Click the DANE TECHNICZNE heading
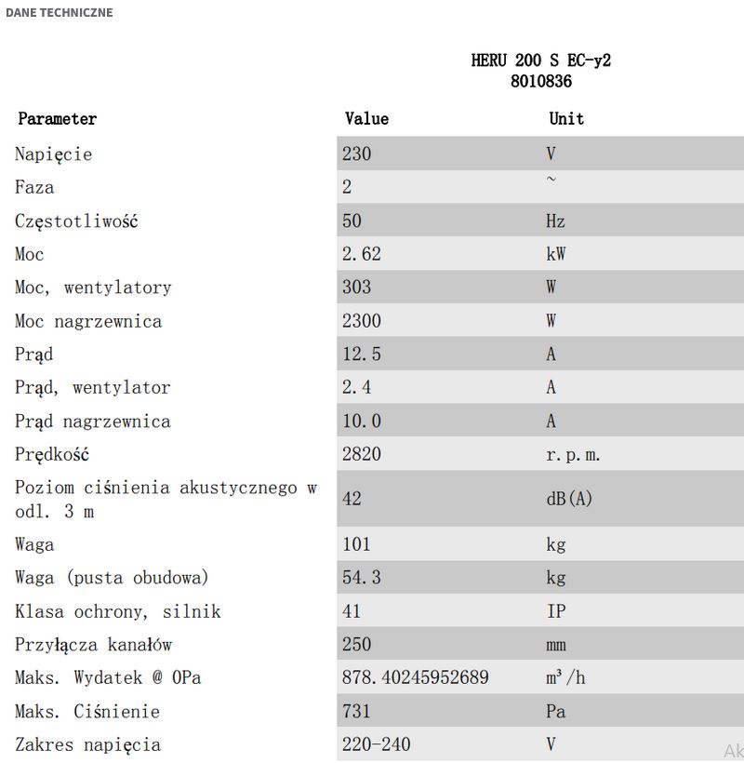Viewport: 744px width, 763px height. pyautogui.click(x=59, y=13)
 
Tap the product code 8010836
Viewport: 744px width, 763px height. pyautogui.click(x=540, y=82)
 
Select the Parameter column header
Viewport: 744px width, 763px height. pyautogui.click(x=57, y=119)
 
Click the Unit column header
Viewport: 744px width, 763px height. pyautogui.click(x=566, y=119)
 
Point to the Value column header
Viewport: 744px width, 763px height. pyautogui.click(x=366, y=119)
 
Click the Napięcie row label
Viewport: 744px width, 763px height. pyautogui.click(x=53, y=154)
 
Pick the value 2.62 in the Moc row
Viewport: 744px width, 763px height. pyautogui.click(x=362, y=254)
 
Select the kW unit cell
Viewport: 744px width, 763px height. pyautogui.click(x=555, y=254)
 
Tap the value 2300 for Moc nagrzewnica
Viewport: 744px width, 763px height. pyautogui.click(x=362, y=321)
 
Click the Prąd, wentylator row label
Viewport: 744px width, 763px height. pyautogui.click(x=92, y=388)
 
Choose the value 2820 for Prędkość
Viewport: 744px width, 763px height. pyautogui.click(x=362, y=455)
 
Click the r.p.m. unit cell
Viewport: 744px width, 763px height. pyautogui.click(x=574, y=455)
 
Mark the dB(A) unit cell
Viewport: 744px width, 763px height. pyautogui.click(x=568, y=499)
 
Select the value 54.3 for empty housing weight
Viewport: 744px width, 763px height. pyautogui.click(x=362, y=578)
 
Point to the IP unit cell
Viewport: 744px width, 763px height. pyautogui.click(x=555, y=611)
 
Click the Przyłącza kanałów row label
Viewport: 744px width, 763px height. pyautogui.click(x=93, y=645)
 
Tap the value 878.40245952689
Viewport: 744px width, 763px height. pyautogui.click(x=416, y=678)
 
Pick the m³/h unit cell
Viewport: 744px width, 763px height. pyautogui.click(x=565, y=678)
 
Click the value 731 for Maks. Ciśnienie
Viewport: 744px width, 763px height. pyautogui.click(x=356, y=712)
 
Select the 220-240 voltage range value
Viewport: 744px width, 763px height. pyautogui.click(x=376, y=745)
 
